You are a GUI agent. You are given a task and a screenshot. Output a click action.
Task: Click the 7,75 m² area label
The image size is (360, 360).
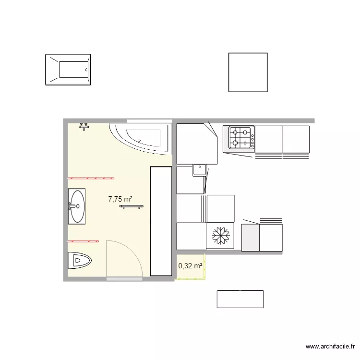[x=120, y=199]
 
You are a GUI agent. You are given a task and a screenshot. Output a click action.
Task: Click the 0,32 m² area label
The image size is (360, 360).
[x=191, y=266]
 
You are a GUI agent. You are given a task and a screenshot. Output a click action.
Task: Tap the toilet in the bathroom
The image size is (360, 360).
[x=79, y=260]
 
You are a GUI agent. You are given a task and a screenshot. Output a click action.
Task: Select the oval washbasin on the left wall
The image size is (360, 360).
[x=77, y=206]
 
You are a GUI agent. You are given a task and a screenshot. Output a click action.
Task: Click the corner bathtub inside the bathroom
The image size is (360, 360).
[x=141, y=138]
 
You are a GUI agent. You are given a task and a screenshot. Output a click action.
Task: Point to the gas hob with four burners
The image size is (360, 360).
[x=241, y=138]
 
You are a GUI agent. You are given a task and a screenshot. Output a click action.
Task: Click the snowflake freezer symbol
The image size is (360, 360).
[x=221, y=236]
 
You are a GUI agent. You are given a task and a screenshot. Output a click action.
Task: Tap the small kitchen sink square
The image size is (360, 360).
[x=200, y=170]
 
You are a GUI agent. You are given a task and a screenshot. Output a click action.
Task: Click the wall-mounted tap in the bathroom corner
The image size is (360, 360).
[x=84, y=127]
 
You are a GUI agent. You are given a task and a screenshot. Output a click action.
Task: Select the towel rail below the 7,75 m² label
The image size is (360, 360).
[x=132, y=206]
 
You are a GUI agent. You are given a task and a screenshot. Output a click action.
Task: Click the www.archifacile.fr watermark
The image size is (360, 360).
[x=330, y=347]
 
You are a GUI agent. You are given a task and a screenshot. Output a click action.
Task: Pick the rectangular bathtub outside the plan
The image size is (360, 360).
[x=68, y=70]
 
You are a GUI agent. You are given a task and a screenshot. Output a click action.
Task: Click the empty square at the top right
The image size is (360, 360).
[x=248, y=72]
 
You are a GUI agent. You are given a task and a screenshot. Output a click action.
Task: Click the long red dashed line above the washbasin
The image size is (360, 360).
[x=91, y=178]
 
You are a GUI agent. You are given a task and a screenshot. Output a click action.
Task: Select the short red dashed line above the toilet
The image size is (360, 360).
[x=83, y=241]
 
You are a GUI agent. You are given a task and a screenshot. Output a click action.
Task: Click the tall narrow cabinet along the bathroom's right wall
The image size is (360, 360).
[x=161, y=221]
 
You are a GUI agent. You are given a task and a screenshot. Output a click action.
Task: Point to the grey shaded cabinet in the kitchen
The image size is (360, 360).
[x=251, y=238]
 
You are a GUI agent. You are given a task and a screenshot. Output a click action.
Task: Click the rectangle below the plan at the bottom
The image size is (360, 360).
[x=240, y=299]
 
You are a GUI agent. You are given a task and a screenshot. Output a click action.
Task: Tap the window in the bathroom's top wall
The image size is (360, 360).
[x=149, y=120]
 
